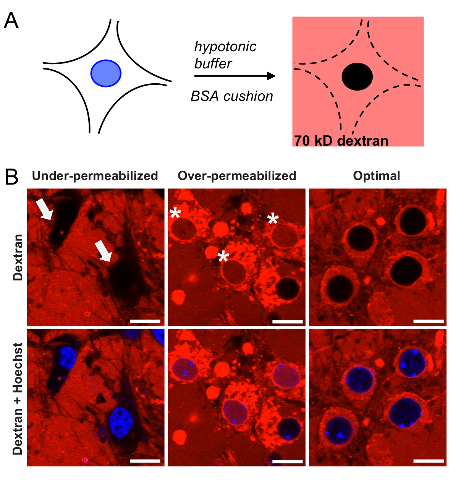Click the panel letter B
coord(11,177)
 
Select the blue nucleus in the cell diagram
coord(106,73)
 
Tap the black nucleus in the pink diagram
coord(357,77)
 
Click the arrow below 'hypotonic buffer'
coord(235,76)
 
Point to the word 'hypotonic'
coord(225,47)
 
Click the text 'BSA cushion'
coord(232,96)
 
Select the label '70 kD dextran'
coord(341,141)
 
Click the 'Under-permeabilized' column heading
coord(95,176)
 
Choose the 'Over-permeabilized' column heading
coord(237,176)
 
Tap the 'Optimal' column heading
coord(377,176)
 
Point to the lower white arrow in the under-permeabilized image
coord(104,251)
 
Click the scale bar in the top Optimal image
coord(429,321)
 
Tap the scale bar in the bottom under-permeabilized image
coord(145,461)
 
